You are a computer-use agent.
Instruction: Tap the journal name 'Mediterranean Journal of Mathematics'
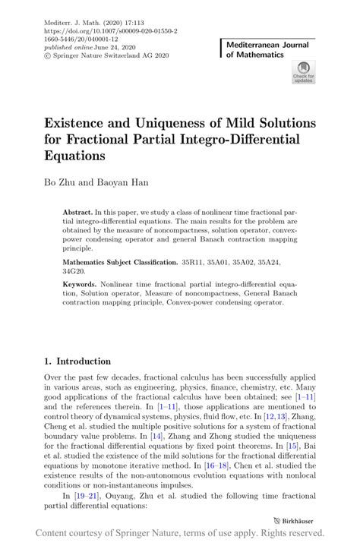(x=270, y=50)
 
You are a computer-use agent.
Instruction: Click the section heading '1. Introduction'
(x=77, y=361)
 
